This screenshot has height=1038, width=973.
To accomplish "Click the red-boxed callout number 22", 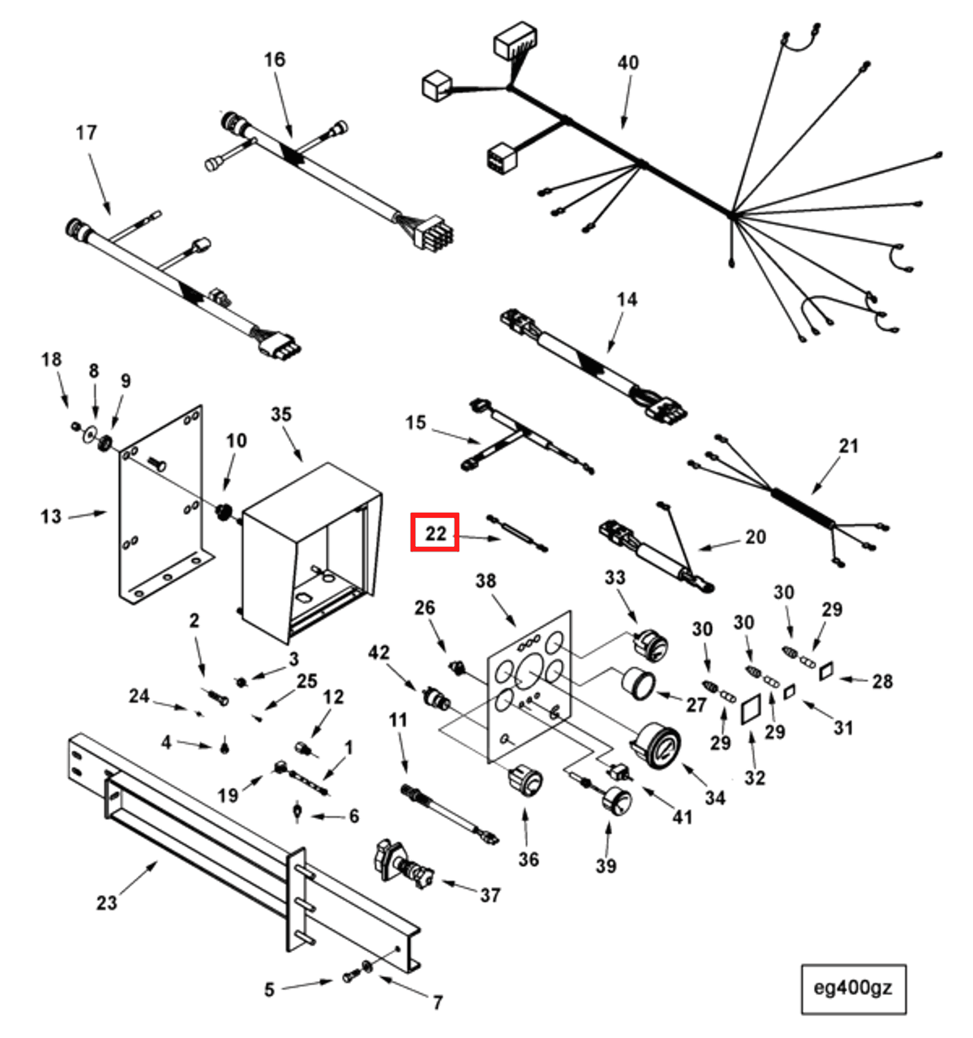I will click(435, 532).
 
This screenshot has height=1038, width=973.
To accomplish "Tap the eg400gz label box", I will click(853, 988).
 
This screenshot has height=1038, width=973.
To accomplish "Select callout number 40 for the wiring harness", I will click(628, 63).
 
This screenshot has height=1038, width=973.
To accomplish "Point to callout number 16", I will click(274, 59).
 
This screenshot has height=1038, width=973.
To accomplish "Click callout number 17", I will click(86, 133).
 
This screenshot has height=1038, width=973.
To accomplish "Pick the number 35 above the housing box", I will click(281, 414).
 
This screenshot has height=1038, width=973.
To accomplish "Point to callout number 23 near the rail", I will click(107, 903).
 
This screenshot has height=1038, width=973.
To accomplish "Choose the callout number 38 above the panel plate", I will click(485, 581).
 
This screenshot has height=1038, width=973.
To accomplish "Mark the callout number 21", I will click(848, 446).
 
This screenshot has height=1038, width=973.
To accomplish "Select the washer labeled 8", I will click(90, 434).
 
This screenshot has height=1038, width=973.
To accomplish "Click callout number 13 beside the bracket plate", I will click(51, 516).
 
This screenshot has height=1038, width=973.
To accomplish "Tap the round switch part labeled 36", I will click(525, 779).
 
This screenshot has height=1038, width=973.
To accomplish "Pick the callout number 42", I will click(379, 653).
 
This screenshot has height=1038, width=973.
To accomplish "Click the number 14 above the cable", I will click(627, 299).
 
